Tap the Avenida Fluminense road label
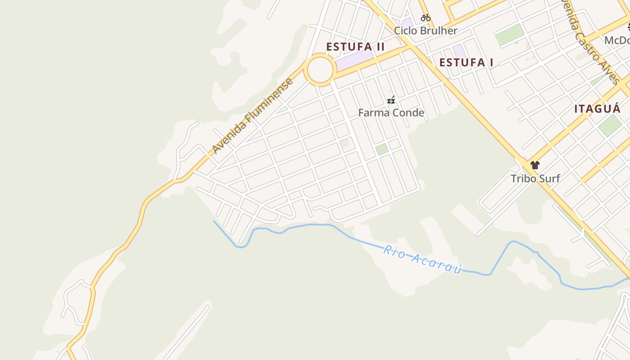[253, 115]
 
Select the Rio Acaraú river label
[423, 259]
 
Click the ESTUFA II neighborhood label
[355, 47]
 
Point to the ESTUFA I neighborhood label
[466, 63]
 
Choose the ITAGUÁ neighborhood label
[597, 108]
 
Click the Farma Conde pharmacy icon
[391, 100]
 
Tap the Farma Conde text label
[391, 112]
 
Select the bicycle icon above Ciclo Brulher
[426, 18]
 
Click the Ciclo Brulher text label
[426, 31]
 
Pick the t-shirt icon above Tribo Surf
[535, 165]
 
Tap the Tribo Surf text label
[535, 178]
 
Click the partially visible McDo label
[617, 40]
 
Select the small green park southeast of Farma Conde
[382, 149]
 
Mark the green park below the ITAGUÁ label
[610, 126]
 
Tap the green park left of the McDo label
[510, 35]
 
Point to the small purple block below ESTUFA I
[459, 50]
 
